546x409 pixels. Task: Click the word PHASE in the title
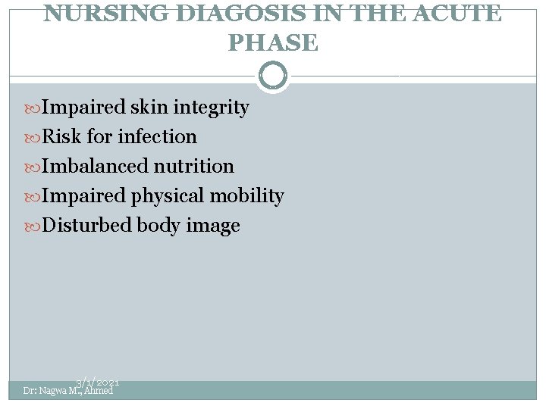click(x=273, y=43)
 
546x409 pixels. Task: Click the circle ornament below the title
click(x=273, y=76)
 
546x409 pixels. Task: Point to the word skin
click(x=149, y=108)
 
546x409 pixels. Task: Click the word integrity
click(x=211, y=108)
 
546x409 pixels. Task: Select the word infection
click(x=157, y=137)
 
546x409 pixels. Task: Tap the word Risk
click(x=62, y=137)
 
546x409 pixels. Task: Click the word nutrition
click(x=194, y=166)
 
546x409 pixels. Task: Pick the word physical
click(x=168, y=196)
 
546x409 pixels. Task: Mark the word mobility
click(x=247, y=196)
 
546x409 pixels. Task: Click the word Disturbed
click(x=87, y=226)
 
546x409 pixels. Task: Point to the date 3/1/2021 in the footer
click(x=98, y=384)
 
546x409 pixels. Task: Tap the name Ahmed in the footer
click(x=99, y=391)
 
